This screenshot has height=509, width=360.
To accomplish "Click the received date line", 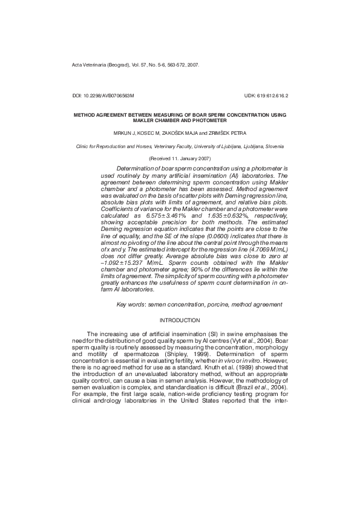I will pyautogui.click(x=179, y=158).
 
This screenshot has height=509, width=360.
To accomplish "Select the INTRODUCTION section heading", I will pyautogui.click(x=179, y=320).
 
